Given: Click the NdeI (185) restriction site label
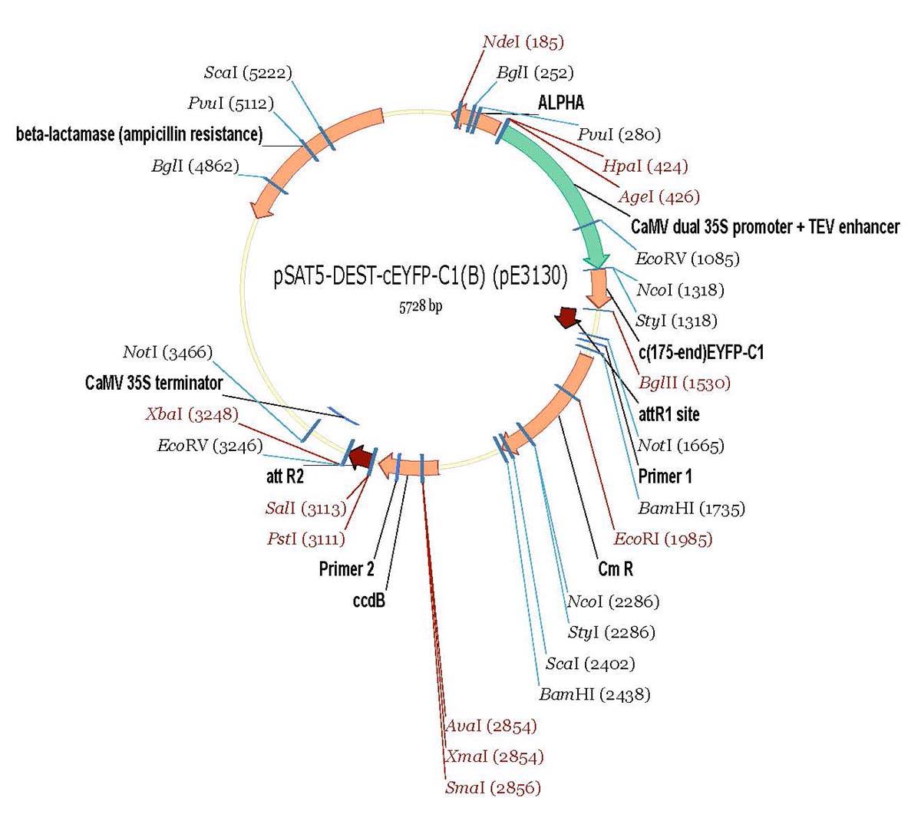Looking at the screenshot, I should pyautogui.click(x=523, y=41).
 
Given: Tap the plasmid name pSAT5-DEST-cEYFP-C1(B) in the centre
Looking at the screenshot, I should pyautogui.click(x=420, y=276).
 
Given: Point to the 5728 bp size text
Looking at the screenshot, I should pyautogui.click(x=420, y=306).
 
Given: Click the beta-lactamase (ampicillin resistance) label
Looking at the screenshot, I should pyautogui.click(x=139, y=135).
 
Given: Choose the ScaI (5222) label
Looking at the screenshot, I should pyautogui.click(x=247, y=73).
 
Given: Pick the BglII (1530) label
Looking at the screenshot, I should pyautogui.click(x=684, y=383).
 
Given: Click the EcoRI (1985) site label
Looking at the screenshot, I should pyautogui.click(x=662, y=539).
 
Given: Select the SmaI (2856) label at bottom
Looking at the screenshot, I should pyautogui.click(x=493, y=788).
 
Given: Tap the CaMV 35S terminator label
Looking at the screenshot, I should pyautogui.click(x=153, y=383).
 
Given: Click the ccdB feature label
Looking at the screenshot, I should pyautogui.click(x=368, y=601).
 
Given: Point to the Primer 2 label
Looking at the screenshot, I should pyautogui.click(x=347, y=569).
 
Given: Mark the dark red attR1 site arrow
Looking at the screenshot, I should pyautogui.click(x=568, y=317).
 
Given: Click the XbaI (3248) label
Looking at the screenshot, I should pyautogui.click(x=191, y=414).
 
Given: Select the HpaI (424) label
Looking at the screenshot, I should pyautogui.click(x=645, y=166).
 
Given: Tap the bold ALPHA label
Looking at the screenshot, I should pyautogui.click(x=561, y=103).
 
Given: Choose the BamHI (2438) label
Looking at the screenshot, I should pyautogui.click(x=594, y=694).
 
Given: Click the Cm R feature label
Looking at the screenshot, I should pyautogui.click(x=616, y=569).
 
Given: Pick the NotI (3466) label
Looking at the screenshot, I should pyautogui.click(x=167, y=352).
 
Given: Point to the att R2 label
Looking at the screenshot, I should pyautogui.click(x=285, y=476).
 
